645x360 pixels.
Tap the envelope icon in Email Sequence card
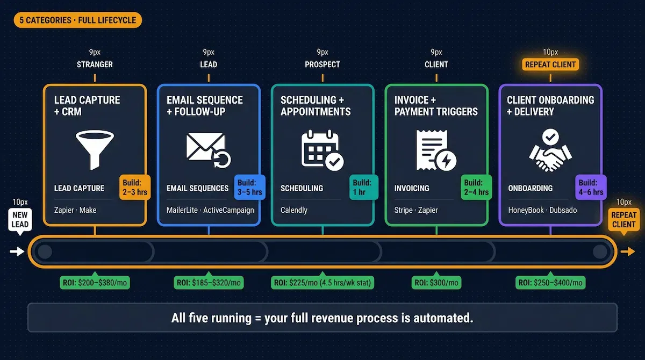click(207, 147)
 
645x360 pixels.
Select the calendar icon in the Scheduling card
click(321, 147)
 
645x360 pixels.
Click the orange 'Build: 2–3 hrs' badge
click(134, 187)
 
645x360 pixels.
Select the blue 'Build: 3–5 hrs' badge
click(249, 187)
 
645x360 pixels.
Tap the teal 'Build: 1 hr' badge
click(363, 187)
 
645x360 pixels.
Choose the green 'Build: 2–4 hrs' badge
click(476, 187)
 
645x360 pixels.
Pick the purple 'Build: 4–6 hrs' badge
click(591, 187)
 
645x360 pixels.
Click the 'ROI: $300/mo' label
click(436, 283)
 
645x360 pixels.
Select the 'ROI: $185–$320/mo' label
click(209, 283)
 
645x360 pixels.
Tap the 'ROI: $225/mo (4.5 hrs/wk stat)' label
click(322, 283)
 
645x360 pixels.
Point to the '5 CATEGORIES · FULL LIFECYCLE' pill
click(78, 21)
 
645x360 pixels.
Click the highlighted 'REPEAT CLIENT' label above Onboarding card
click(550, 64)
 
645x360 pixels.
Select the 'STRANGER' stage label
click(95, 64)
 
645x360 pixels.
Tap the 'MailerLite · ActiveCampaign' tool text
click(210, 210)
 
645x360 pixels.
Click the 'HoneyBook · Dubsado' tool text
click(542, 210)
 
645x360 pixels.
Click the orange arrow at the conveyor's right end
click(627, 251)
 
